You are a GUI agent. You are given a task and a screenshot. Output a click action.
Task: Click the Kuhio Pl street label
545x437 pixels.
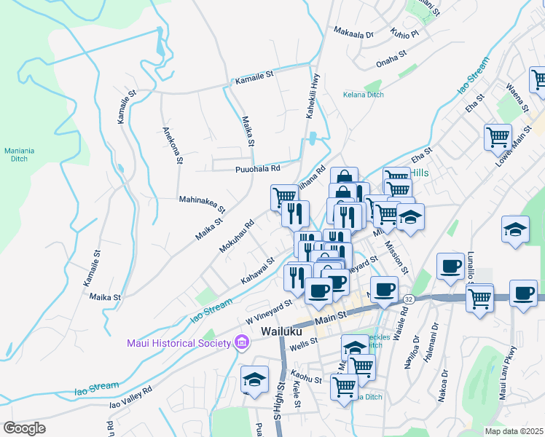coord(404,34)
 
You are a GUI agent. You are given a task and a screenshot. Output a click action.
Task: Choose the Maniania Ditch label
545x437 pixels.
coord(19,155)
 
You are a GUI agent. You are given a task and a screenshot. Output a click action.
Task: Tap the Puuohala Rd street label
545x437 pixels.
coord(257,169)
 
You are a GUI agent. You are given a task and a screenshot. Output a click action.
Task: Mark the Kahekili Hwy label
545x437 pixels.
coord(311,98)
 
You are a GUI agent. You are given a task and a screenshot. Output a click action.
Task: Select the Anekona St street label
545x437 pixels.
coord(172,146)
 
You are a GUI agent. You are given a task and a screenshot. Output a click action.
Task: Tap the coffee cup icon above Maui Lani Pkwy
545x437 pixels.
coord(522,294)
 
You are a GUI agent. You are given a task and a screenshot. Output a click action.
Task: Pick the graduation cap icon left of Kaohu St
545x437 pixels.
coord(254,379)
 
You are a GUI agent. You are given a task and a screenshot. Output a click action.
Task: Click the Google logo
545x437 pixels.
coord(24,428)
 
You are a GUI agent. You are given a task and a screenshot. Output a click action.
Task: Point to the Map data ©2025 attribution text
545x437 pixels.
coord(514,431)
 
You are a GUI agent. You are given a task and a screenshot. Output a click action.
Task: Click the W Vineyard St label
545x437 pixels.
coord(268,312)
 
